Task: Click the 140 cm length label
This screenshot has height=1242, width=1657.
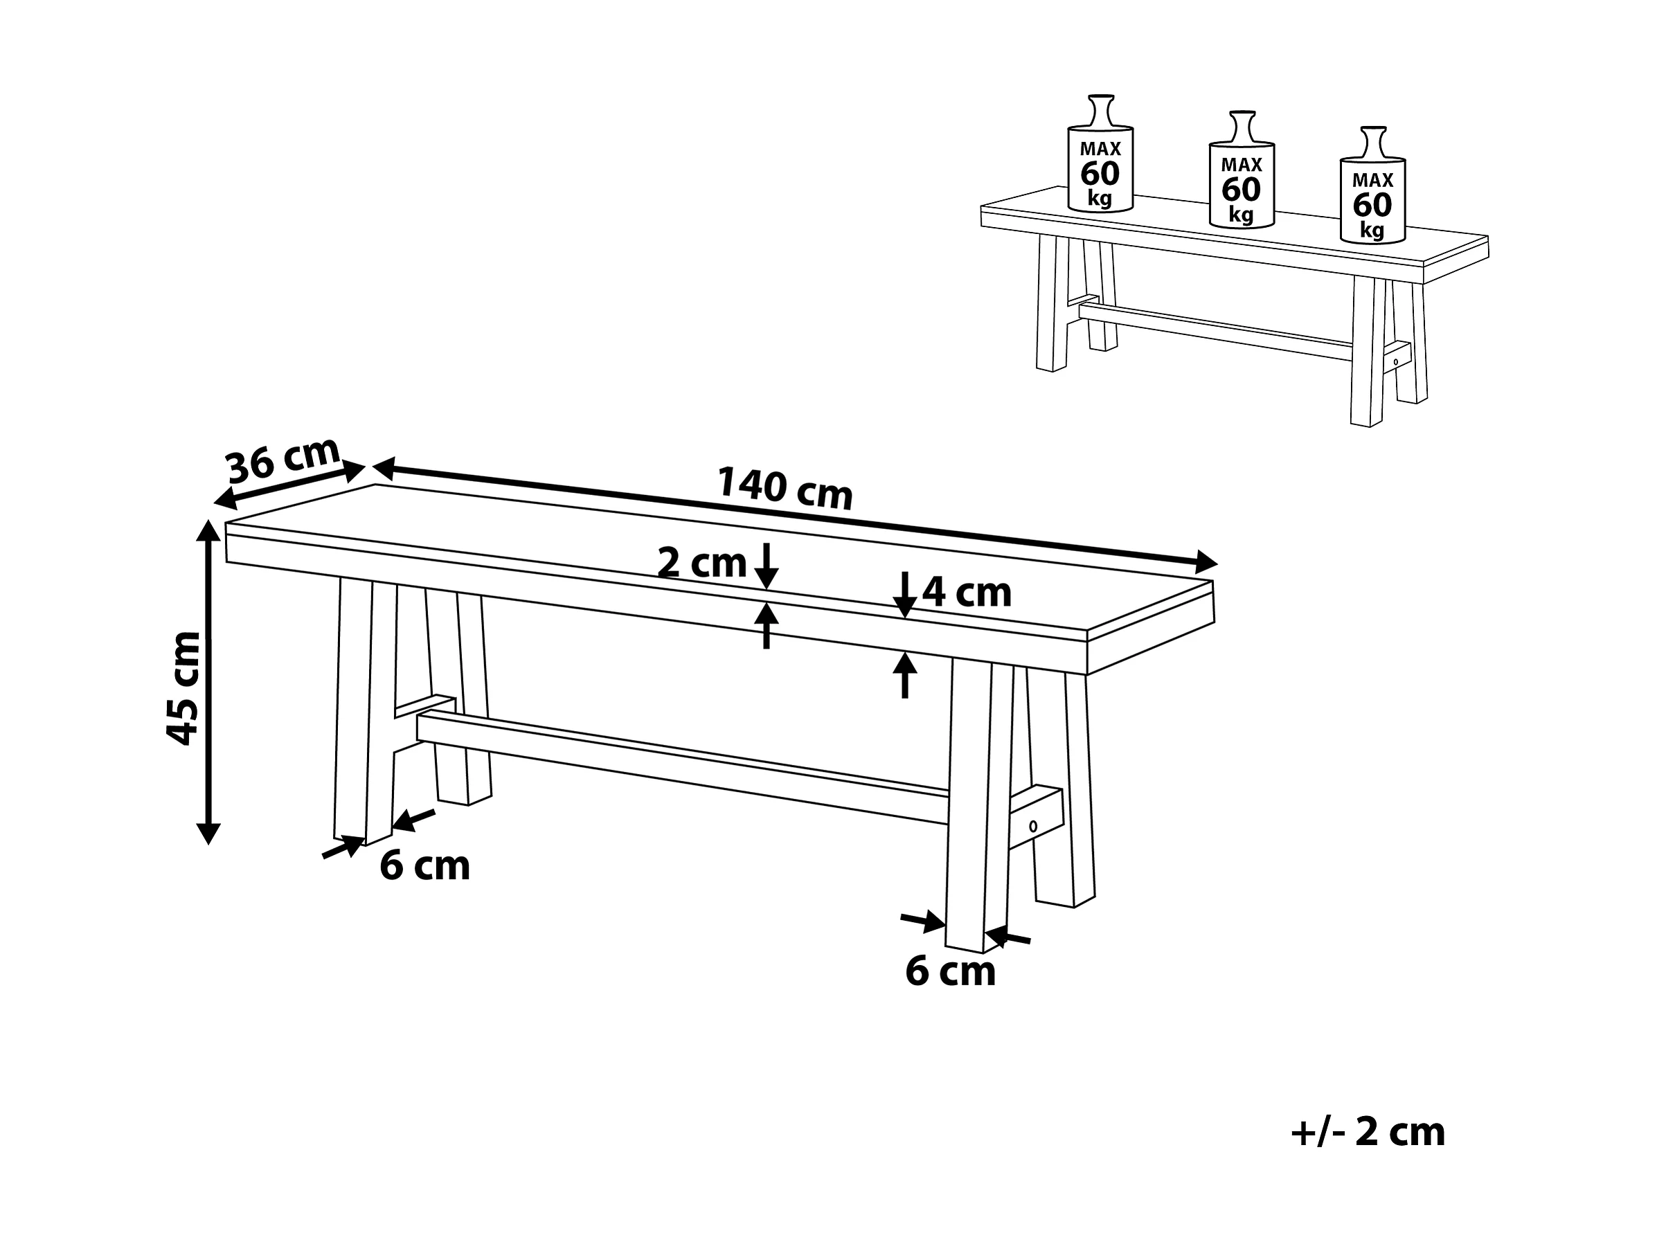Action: coord(785,488)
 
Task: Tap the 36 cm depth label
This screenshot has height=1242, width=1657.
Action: coord(283,458)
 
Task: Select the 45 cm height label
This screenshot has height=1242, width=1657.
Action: coord(183,688)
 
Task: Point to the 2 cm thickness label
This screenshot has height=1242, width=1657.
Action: coord(701,563)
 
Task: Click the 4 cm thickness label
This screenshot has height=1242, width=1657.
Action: coord(967,593)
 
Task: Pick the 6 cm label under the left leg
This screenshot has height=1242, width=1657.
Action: coord(424,866)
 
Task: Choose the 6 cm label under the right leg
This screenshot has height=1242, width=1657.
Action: coord(951,971)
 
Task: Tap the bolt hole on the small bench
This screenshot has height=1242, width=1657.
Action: coord(1395,362)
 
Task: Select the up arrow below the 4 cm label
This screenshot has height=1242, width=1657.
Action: coord(905,676)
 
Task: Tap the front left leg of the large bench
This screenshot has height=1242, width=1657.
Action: coord(365,712)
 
